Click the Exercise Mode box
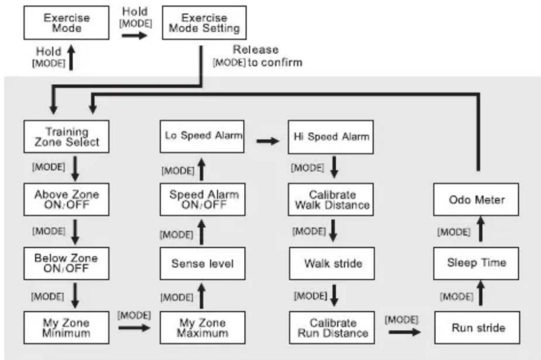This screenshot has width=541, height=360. (66, 23)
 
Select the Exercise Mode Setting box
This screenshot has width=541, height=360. (204, 23)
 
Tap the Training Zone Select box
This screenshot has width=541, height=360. (66, 136)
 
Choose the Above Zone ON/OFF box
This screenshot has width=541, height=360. (66, 199)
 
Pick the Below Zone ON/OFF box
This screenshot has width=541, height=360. (66, 263)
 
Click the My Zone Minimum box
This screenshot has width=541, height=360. (66, 327)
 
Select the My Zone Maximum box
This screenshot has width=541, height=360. (202, 327)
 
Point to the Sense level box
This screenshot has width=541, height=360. (202, 263)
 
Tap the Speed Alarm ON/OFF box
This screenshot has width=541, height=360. (202, 199)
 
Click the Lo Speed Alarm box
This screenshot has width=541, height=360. (202, 136)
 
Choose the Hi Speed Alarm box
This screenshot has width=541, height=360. (331, 137)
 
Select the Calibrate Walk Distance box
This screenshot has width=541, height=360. (331, 199)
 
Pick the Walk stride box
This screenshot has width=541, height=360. (332, 263)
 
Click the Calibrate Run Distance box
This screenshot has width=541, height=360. (332, 327)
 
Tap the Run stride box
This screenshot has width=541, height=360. (477, 327)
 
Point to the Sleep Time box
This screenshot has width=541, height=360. (476, 263)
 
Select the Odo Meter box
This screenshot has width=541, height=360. (476, 199)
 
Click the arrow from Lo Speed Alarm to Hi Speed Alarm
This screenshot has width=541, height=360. (268, 141)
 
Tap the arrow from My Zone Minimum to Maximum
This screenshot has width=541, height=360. (134, 328)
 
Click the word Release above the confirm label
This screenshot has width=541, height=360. (256, 49)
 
